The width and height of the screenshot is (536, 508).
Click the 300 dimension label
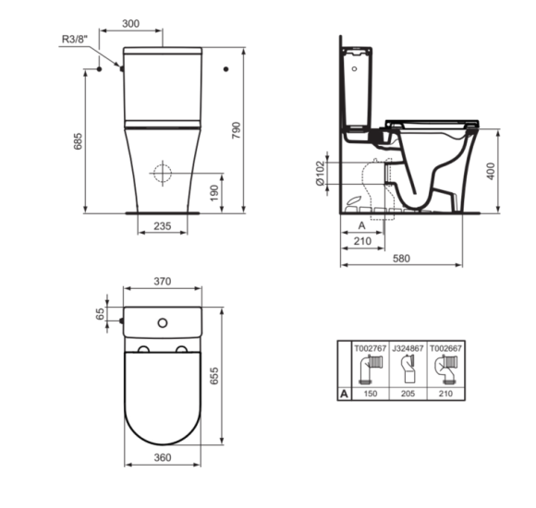(130, 24)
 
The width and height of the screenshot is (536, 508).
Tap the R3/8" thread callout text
(75, 40)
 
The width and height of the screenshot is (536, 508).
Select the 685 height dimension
(78, 140)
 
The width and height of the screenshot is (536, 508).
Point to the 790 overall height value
(237, 130)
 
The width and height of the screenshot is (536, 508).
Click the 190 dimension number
(214, 193)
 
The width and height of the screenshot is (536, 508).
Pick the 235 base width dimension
(163, 226)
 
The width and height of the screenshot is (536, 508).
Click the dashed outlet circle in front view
(163, 174)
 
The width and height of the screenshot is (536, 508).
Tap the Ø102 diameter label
(320, 174)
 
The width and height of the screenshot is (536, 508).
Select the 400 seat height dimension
(491, 171)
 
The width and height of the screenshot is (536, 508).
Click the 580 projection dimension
(401, 259)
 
